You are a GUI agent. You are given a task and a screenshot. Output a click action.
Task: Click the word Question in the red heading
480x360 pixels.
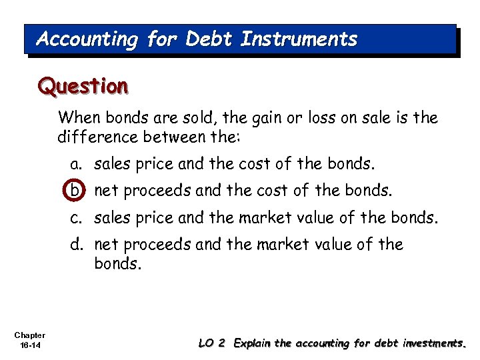coord(83,86)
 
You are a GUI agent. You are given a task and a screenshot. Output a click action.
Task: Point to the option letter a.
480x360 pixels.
coord(76,164)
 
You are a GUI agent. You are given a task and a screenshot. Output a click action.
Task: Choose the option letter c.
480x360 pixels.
coord(76,217)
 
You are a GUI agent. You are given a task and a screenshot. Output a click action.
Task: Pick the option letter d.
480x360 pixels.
coord(76,245)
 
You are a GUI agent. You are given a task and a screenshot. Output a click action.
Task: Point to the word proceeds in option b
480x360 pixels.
coord(153,191)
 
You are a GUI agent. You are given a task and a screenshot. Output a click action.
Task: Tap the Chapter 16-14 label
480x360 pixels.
coord(29,339)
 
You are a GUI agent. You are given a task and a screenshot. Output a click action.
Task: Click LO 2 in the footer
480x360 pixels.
coord(213,343)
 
